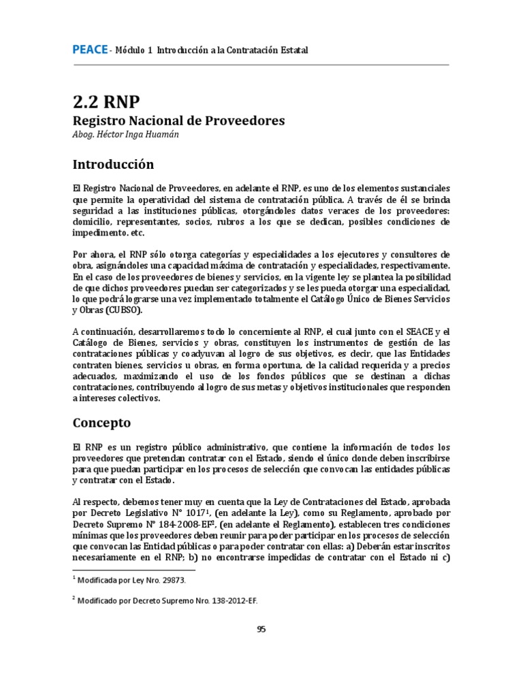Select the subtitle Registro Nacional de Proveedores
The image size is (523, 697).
click(x=178, y=121)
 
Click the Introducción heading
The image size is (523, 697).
click(x=113, y=165)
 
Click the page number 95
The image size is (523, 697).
click(x=261, y=629)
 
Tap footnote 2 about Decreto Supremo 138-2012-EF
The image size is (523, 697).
click(x=168, y=601)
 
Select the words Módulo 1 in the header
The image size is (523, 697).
click(x=133, y=50)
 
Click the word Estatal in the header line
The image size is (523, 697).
click(x=293, y=50)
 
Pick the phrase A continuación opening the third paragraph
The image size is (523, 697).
click(x=104, y=331)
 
